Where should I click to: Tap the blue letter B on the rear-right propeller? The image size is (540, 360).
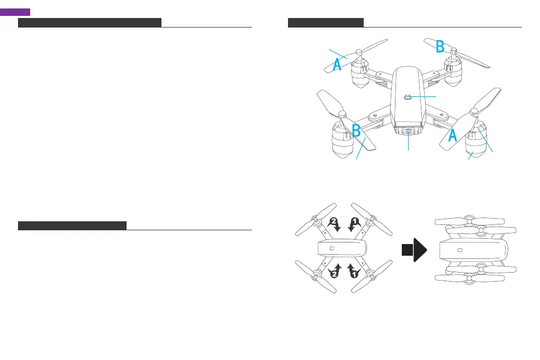pos(439,46)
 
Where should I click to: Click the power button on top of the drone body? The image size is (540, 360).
pos(408,97)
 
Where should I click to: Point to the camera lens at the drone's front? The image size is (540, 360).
pos(409,132)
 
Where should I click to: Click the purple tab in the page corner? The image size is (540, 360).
pos(15,12)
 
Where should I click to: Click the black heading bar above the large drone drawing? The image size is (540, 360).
pos(326,22)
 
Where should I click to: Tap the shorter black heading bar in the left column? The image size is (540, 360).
pos(72,226)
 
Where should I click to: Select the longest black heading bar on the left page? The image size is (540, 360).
pos(89,22)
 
